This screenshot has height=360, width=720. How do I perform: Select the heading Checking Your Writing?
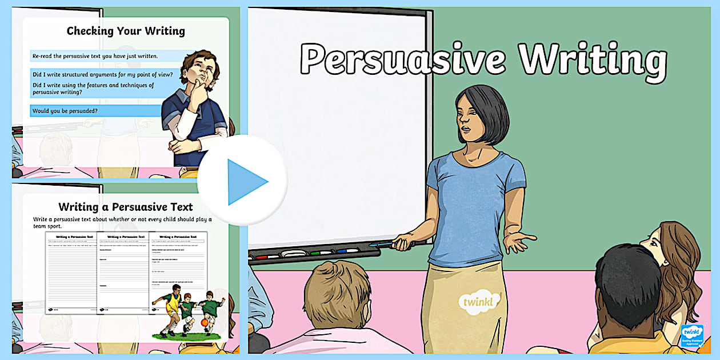tap(126, 31)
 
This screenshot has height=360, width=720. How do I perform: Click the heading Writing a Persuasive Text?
tap(126, 207)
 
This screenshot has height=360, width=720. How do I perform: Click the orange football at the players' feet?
tap(204, 323)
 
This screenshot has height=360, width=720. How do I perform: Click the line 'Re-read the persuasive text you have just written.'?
tap(95, 56)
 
